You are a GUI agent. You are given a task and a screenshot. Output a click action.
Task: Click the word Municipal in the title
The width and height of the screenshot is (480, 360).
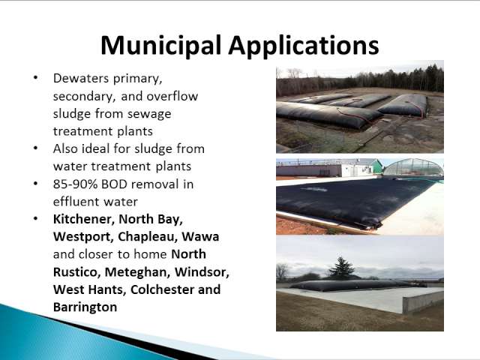click(x=161, y=46)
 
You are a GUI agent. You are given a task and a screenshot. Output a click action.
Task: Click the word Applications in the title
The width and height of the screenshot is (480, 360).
click(x=304, y=46)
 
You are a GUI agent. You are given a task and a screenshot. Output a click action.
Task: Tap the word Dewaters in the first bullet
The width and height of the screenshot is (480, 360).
click(x=81, y=78)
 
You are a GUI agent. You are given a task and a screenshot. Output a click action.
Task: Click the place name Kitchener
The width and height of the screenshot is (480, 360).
click(x=84, y=219)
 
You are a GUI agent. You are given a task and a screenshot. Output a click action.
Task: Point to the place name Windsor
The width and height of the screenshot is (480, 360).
click(x=202, y=271)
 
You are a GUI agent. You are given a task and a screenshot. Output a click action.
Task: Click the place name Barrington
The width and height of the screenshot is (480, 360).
click(x=85, y=307)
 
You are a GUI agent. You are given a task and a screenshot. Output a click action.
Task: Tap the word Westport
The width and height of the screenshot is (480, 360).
click(x=83, y=237)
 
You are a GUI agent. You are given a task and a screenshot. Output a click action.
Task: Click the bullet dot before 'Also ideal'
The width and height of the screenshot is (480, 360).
click(x=36, y=148)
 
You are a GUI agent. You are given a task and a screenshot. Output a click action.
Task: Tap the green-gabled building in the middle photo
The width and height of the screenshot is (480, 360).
click(x=376, y=166)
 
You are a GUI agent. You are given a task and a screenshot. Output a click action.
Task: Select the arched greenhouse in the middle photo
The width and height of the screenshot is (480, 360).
click(x=412, y=168)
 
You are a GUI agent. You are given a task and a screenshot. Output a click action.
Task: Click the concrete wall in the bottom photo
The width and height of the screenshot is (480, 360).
click(x=423, y=301)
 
